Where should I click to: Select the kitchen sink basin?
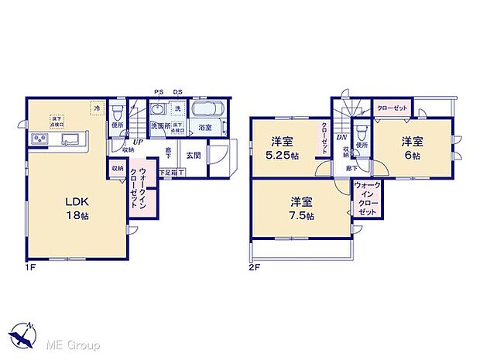click(x=67, y=140)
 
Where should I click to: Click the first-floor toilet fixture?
click(x=118, y=111)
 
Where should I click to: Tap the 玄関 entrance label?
click(x=193, y=154)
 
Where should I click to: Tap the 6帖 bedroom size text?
click(x=412, y=154)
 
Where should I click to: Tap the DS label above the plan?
click(x=177, y=91)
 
